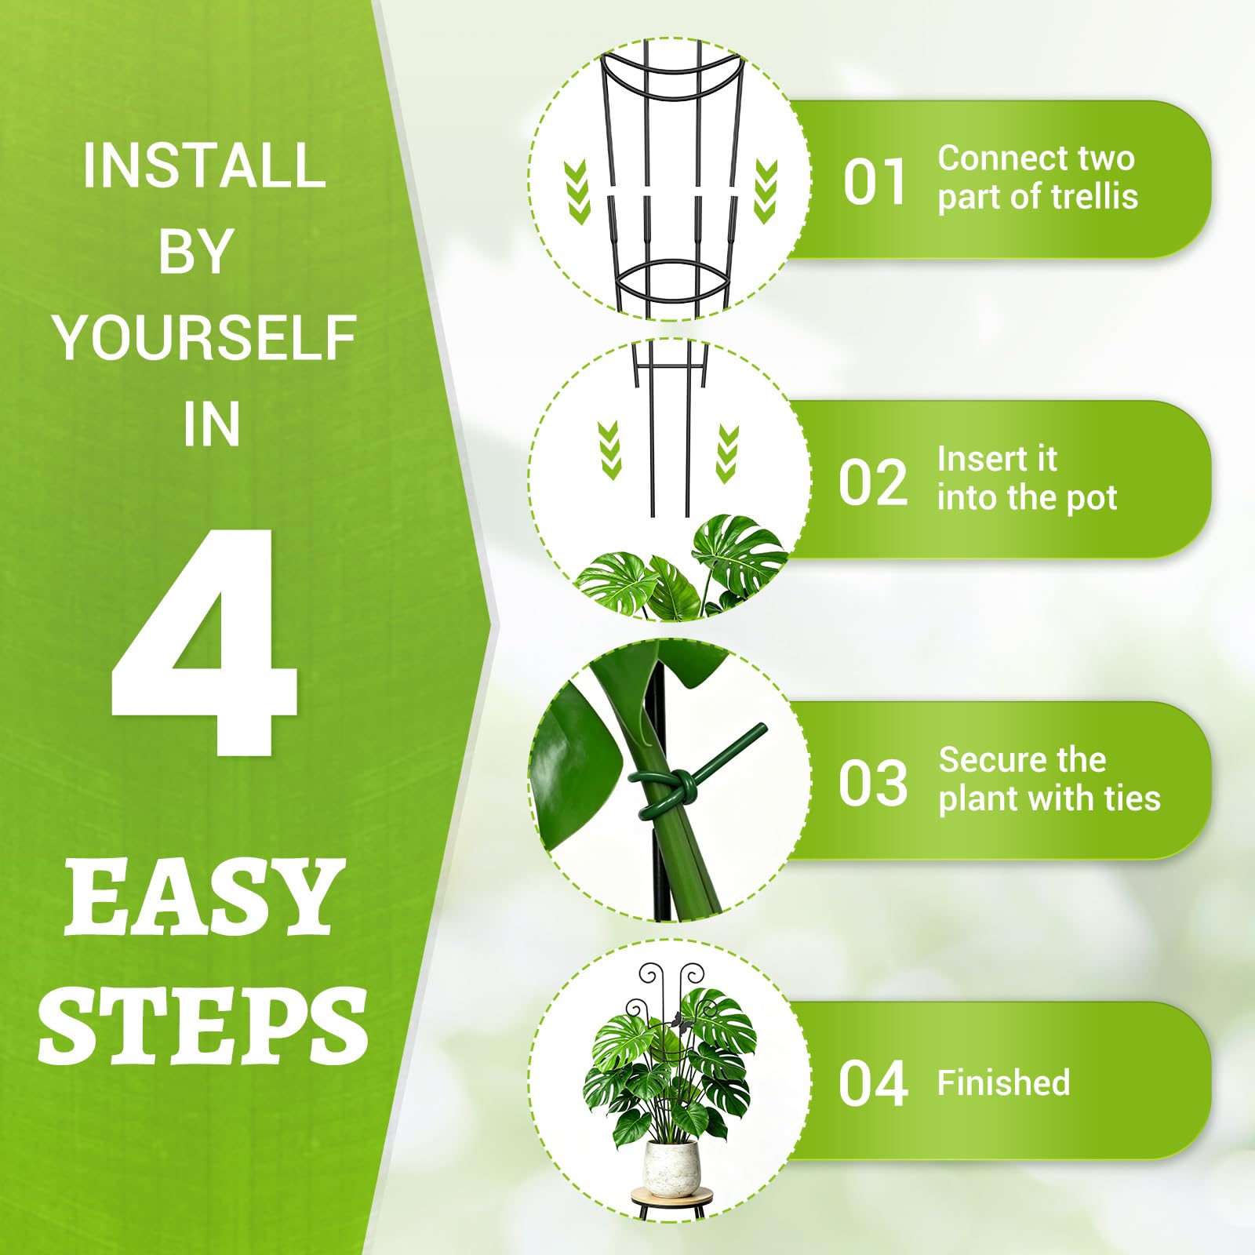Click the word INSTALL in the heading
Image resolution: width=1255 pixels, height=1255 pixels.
(x=204, y=166)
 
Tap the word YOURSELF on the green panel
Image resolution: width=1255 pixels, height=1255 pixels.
(x=205, y=338)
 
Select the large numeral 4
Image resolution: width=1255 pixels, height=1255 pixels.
(x=203, y=641)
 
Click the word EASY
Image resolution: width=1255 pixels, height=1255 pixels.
(x=204, y=897)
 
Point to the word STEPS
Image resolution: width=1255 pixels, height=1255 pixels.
(x=203, y=1025)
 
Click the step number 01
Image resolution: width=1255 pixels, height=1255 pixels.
(x=875, y=182)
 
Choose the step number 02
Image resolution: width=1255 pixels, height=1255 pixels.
(x=873, y=482)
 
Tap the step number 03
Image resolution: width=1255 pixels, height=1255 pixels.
(x=873, y=783)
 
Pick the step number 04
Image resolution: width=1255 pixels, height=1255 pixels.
(x=873, y=1083)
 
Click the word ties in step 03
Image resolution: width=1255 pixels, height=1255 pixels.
(x=1133, y=798)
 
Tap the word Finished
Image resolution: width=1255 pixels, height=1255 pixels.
(x=1003, y=1083)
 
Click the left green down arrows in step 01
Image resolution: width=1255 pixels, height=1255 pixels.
(x=577, y=191)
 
